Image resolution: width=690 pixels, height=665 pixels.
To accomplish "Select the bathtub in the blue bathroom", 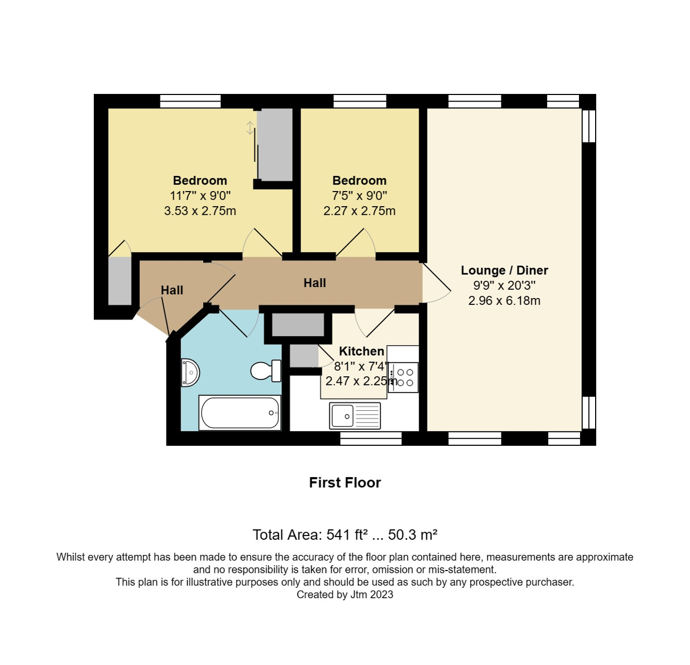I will [x=240, y=413].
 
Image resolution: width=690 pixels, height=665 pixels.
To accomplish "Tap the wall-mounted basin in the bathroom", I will [x=190, y=372].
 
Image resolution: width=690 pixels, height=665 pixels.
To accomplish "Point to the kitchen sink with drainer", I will [x=355, y=416].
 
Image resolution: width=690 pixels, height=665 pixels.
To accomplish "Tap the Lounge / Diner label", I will [x=504, y=270].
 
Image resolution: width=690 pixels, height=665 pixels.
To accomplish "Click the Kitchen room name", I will [x=361, y=351].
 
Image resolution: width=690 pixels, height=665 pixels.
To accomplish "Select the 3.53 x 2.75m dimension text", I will [x=200, y=211].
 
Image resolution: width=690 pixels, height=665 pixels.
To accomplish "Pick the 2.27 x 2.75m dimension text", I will [x=359, y=211].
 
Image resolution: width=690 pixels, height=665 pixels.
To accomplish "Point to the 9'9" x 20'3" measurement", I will [x=504, y=286].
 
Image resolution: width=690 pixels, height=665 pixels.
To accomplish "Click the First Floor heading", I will [x=344, y=483].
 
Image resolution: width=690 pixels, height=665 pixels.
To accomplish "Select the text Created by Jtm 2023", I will [x=344, y=595].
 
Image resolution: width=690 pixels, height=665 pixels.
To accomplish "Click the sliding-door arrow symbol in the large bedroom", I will [x=250, y=128].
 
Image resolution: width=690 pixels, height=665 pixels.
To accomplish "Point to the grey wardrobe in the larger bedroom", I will [x=275, y=144].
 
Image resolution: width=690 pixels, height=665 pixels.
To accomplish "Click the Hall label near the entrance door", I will [x=172, y=290].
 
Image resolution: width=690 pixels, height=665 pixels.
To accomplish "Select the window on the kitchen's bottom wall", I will [x=371, y=438].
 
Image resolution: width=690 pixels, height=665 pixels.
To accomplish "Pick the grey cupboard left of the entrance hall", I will [x=120, y=281].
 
